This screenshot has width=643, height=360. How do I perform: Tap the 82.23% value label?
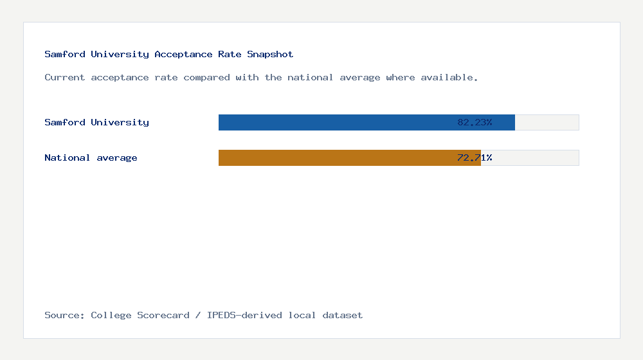click(475, 122)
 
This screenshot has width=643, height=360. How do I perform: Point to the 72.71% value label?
click(475, 157)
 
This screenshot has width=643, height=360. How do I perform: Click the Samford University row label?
click(96, 122)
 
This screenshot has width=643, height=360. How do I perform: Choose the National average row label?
click(91, 157)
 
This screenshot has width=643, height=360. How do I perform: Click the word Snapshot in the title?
click(270, 54)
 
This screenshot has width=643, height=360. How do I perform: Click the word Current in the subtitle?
click(64, 77)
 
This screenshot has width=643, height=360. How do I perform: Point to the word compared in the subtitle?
click(206, 77)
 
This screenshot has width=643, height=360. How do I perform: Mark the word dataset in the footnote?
click(342, 315)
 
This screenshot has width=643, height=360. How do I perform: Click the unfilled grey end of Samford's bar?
click(547, 122)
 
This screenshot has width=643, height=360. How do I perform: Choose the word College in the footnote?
click(111, 315)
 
